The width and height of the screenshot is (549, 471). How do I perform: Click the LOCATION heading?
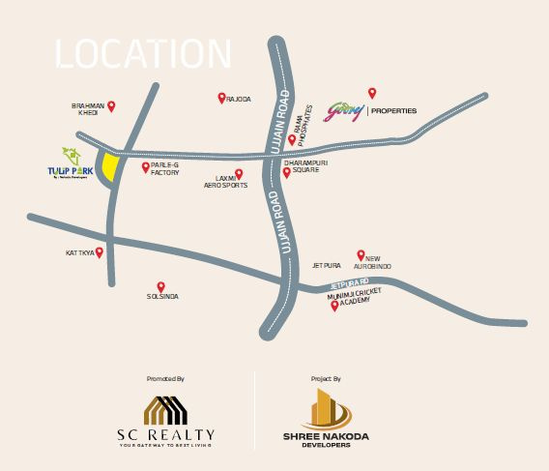point(144,54)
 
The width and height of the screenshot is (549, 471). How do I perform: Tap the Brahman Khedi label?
point(88,109)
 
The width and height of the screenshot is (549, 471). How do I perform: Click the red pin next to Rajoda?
point(221,98)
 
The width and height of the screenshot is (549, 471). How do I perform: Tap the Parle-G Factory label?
point(165,169)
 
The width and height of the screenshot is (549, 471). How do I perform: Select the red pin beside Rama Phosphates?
point(292,139)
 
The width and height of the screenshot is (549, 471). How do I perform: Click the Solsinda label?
point(162,296)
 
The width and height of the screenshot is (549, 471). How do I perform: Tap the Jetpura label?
point(327,264)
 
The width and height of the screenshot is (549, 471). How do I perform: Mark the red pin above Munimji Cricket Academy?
point(334,306)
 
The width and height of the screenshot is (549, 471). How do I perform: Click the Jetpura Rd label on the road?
point(350,282)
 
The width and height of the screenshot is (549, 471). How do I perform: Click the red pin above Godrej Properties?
point(372,93)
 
